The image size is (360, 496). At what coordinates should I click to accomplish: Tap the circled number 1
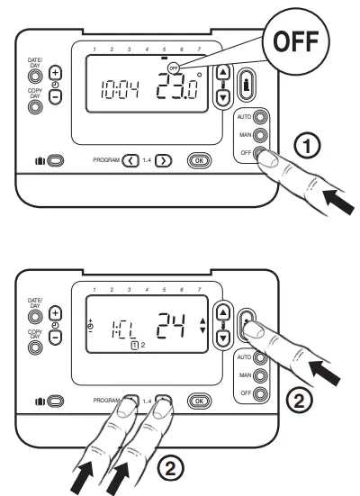pos(306,145)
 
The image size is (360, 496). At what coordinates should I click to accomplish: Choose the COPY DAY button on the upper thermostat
pos(36,106)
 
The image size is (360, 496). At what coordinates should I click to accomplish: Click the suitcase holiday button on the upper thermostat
pos(56,160)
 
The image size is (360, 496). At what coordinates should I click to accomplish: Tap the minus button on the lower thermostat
pos(57,337)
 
